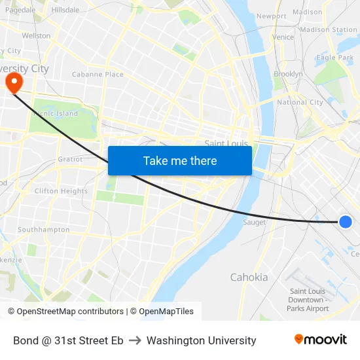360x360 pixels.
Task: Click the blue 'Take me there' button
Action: [x=180, y=160]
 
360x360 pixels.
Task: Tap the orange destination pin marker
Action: [x=13, y=82]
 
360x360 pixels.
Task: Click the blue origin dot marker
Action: [x=346, y=222]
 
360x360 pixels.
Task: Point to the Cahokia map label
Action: [x=249, y=277]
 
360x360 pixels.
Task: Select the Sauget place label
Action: [x=254, y=223]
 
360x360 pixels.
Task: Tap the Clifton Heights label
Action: [x=61, y=191]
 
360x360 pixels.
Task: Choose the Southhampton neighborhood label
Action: [x=43, y=230]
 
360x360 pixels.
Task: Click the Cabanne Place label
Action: [x=98, y=75]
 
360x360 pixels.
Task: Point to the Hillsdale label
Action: [x=65, y=10]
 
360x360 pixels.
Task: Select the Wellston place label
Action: [x=36, y=36]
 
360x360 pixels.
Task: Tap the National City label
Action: [x=300, y=102]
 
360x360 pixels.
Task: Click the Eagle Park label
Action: [x=334, y=58]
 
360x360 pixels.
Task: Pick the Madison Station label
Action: [x=329, y=29]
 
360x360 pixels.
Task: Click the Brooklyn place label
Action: [x=288, y=74]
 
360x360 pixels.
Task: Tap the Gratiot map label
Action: [x=70, y=159]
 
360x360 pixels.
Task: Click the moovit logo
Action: [x=320, y=340]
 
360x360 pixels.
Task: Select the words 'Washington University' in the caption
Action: [x=202, y=340]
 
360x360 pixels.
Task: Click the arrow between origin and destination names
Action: [x=135, y=340]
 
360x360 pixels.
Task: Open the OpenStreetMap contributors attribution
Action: [x=70, y=312]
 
